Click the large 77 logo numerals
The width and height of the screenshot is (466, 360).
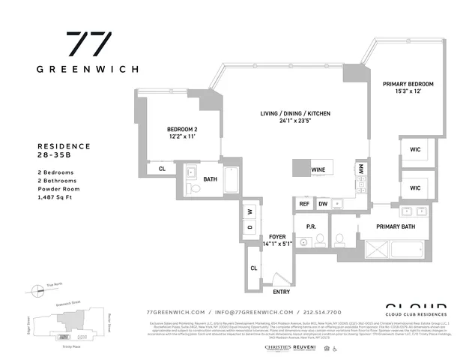88,44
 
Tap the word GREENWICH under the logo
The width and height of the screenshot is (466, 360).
88,68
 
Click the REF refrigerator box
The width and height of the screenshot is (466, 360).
305,203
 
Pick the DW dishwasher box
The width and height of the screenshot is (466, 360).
322,203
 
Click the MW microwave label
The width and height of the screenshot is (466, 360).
360,169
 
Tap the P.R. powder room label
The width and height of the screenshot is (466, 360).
309,226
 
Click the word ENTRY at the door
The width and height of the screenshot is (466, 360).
282,292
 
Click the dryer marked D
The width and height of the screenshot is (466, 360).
250,226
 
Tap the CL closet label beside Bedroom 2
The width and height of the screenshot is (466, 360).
162,169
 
